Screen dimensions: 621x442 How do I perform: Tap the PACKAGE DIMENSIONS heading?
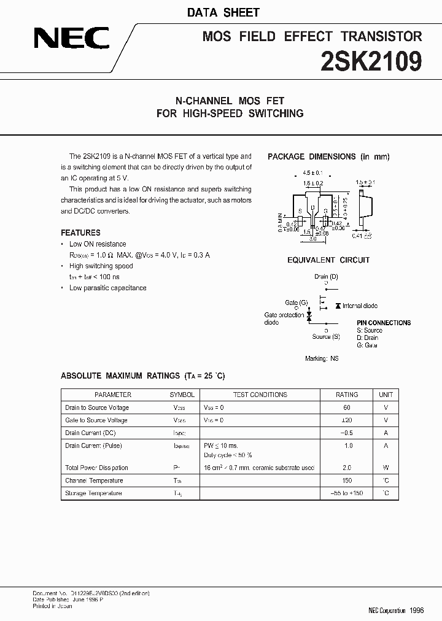[328, 157]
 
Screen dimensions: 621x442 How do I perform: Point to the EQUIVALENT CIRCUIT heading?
[328, 260]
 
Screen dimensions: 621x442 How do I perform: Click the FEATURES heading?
[80, 233]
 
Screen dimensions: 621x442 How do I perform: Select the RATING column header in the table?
[347, 395]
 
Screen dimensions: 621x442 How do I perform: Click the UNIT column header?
[386, 395]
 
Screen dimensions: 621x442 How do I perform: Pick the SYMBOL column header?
[182, 395]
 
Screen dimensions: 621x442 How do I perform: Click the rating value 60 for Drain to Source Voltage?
[347, 407]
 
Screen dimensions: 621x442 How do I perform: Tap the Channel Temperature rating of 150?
[348, 480]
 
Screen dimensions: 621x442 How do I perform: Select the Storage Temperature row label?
[93, 493]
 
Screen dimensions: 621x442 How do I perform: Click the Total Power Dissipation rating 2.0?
[348, 468]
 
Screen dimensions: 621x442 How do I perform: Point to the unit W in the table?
[386, 468]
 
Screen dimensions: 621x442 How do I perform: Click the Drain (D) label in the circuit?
[326, 277]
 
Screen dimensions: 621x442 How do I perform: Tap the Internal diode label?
[360, 306]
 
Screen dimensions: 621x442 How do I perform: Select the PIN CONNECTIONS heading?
[384, 323]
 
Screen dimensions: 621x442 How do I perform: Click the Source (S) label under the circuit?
[326, 336]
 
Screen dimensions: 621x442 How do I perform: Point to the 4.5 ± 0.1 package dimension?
[312, 173]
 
